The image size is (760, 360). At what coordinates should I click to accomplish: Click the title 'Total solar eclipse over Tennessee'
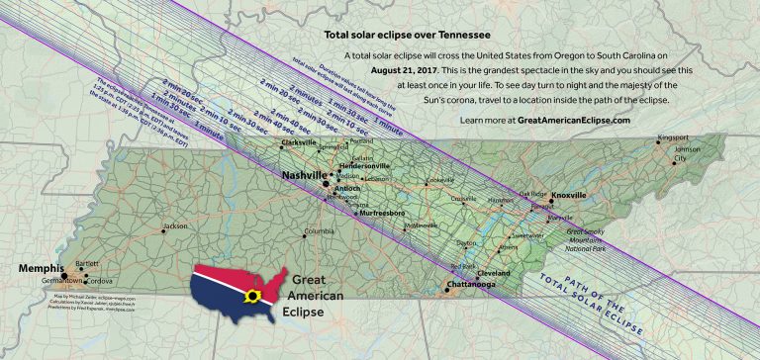tap(393, 34)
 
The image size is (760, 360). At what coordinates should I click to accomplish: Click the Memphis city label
tap(40, 268)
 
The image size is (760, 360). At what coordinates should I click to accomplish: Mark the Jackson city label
tap(175, 226)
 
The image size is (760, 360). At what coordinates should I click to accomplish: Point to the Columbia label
tap(320, 231)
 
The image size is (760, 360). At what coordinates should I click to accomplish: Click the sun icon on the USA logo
tap(254, 295)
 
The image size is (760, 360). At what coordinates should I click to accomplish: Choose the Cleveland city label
tap(493, 272)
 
